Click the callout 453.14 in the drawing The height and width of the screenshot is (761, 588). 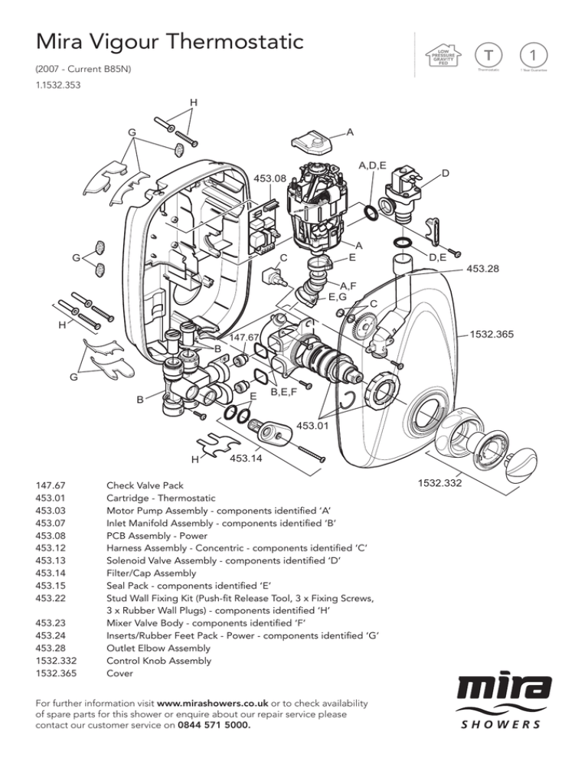(247, 459)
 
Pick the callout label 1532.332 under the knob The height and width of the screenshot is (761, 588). (439, 484)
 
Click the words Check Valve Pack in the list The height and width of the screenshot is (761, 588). (145, 485)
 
